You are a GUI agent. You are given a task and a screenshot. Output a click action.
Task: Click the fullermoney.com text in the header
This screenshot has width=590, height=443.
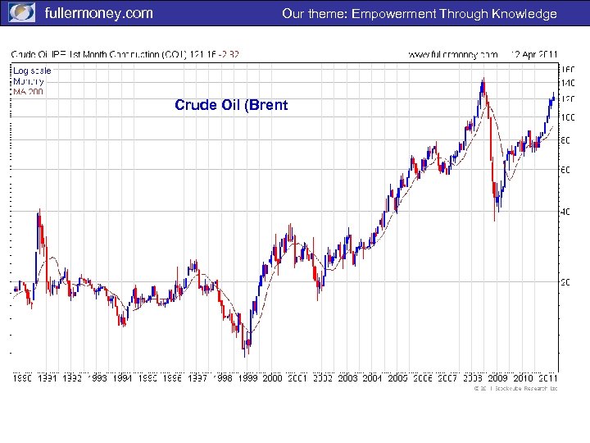pyautogui.click(x=98, y=13)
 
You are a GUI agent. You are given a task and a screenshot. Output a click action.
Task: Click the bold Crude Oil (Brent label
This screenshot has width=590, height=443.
pyautogui.click(x=231, y=105)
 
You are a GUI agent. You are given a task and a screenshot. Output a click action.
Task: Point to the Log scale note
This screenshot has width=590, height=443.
pyautogui.click(x=32, y=71)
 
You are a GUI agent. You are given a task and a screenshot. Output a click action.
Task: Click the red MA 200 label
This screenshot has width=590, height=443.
pyautogui.click(x=28, y=91)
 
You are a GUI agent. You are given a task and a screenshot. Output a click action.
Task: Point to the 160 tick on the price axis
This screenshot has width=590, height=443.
pyautogui.click(x=567, y=70)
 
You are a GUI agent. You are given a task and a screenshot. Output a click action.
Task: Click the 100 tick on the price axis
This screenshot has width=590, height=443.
pyautogui.click(x=567, y=117)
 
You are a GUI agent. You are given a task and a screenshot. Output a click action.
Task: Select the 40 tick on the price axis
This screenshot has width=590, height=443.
pyautogui.click(x=565, y=211)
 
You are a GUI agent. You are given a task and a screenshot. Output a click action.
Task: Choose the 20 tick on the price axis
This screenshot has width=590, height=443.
pyautogui.click(x=565, y=282)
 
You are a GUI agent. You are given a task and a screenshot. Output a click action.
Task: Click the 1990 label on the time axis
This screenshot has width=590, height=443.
pyautogui.click(x=22, y=378)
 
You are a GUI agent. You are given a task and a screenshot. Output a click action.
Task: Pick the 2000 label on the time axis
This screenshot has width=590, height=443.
pyautogui.click(x=271, y=378)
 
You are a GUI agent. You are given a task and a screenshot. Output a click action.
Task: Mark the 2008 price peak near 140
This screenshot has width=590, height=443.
pyautogui.click(x=483, y=80)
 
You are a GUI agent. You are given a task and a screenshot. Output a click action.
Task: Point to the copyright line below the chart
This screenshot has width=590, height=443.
pyautogui.click(x=515, y=389)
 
